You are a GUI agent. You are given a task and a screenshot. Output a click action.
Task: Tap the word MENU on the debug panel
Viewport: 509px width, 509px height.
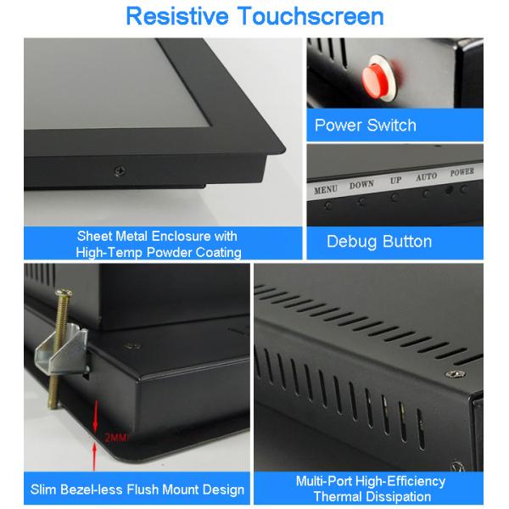(x=327, y=190)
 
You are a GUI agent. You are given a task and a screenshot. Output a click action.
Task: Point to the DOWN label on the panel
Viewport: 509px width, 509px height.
(x=361, y=184)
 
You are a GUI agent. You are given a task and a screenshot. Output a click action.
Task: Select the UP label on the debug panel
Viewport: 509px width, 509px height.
(x=395, y=181)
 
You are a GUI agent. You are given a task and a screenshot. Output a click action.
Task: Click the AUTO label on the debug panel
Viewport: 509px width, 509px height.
(x=426, y=177)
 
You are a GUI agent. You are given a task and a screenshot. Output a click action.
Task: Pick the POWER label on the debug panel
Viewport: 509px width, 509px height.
(x=462, y=171)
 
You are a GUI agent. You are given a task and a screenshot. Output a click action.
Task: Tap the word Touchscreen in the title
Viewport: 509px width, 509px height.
(x=313, y=16)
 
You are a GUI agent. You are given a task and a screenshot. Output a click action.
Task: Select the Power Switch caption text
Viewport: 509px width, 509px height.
(x=365, y=126)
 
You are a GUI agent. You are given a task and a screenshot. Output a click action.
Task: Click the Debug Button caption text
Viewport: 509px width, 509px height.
(x=379, y=242)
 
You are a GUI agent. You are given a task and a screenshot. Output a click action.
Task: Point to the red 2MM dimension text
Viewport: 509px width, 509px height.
(x=116, y=439)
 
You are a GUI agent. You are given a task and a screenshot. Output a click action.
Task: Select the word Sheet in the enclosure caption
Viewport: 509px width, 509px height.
(x=95, y=236)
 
